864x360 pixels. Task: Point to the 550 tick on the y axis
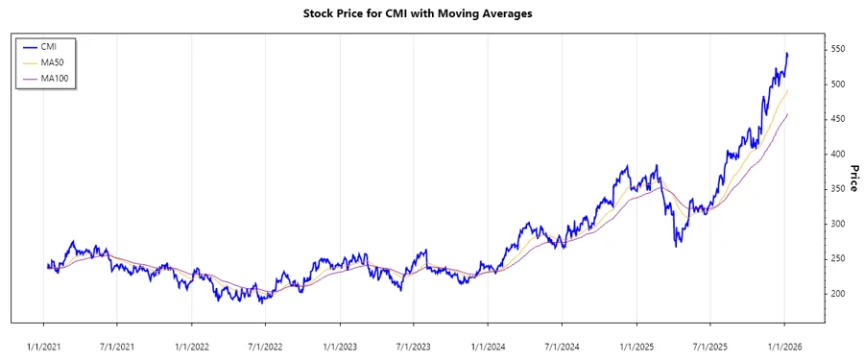838,49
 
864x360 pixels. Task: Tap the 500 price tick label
838,84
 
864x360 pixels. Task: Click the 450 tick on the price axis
838,119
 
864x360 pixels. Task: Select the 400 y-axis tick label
838,154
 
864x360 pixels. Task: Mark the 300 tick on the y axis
838,224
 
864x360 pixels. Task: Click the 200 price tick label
838,294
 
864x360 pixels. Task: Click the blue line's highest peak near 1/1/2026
787,54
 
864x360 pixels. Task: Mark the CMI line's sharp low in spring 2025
676,247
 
